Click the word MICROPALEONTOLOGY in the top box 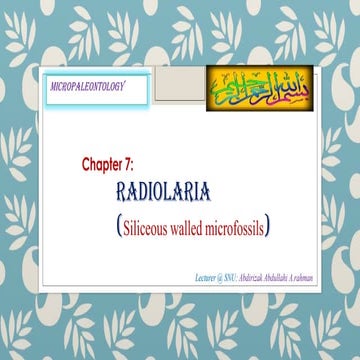[89, 88]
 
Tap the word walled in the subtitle [196, 227]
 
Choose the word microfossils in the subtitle [242, 227]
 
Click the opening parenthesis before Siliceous [119, 227]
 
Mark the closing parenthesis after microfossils [272, 227]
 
